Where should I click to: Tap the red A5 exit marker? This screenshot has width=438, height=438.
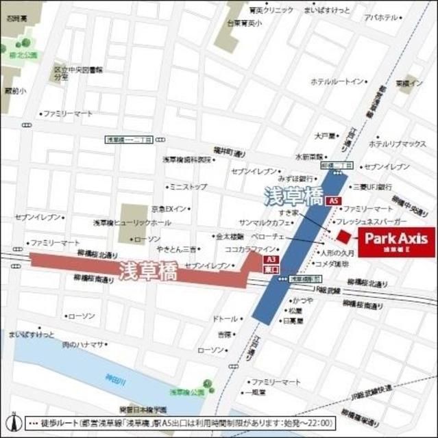[333, 201]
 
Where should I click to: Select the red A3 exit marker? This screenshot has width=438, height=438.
[271, 260]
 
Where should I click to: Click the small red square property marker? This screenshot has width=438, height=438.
[343, 237]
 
